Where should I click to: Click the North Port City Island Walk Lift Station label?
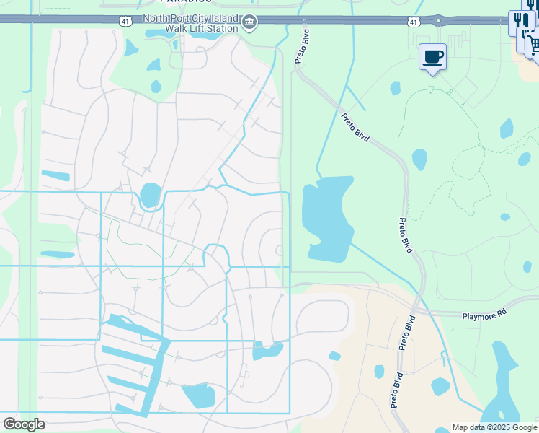point(190,23)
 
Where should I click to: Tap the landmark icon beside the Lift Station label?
point(249,23)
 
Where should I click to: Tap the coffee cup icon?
point(432,57)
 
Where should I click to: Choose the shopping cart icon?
point(533,44)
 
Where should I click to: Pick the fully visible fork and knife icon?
point(520,22)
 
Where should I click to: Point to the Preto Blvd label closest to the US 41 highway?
point(302,45)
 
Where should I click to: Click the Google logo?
point(24,424)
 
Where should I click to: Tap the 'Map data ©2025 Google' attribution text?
point(494,427)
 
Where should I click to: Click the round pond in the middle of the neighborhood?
point(151,195)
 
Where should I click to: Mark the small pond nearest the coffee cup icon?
point(395,88)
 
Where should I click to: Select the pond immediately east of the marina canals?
point(199,395)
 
